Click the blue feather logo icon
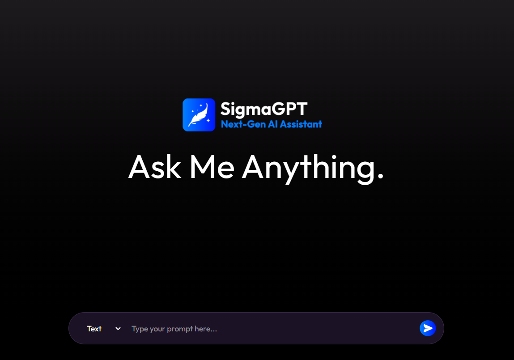199,115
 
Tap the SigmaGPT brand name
264,109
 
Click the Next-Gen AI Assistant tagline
272,124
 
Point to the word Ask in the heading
154,166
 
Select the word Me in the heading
212,166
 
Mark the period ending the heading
381,177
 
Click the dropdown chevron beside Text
118,329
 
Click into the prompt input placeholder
268,329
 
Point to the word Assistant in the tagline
301,124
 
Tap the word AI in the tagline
273,124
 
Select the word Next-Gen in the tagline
243,124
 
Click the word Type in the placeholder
140,329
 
